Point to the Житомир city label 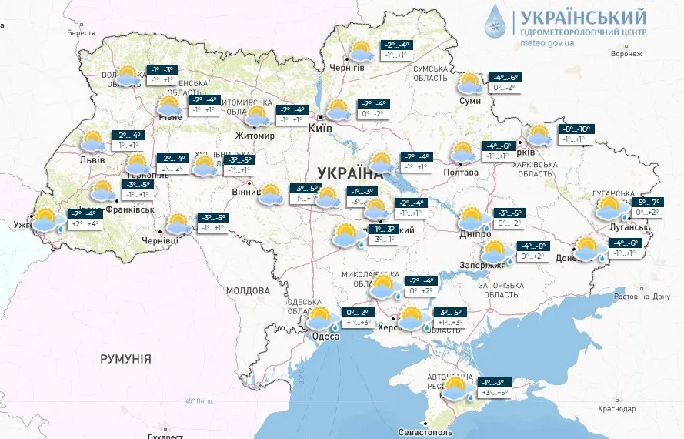[255, 136]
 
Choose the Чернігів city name [346, 68]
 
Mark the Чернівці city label [160, 240]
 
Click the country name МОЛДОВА [248, 290]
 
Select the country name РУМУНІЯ [125, 359]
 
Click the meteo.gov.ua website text [548, 44]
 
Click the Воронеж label [626, 54]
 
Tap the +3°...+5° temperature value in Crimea [495, 393]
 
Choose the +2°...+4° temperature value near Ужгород [83, 224]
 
